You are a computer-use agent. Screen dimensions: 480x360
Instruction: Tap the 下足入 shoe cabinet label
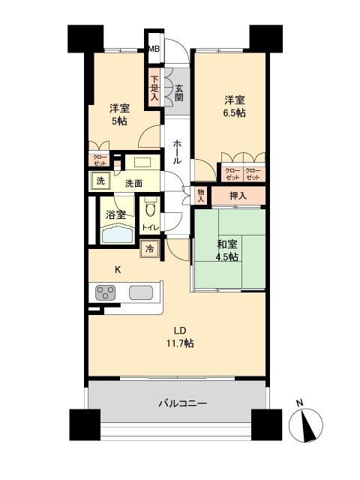click(154, 87)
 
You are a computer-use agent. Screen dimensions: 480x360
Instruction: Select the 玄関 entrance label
click(178, 91)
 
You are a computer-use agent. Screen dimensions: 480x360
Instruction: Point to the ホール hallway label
click(177, 151)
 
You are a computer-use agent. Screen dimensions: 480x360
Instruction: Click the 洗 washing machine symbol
click(99, 181)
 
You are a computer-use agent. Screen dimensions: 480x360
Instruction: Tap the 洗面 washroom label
click(134, 183)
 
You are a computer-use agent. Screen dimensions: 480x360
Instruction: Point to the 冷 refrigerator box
click(150, 248)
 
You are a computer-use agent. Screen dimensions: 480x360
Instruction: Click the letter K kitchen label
click(117, 269)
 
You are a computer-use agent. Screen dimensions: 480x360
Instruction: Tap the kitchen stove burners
click(104, 292)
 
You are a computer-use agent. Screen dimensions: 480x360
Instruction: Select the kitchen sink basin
click(140, 292)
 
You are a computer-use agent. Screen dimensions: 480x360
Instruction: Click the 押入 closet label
click(237, 195)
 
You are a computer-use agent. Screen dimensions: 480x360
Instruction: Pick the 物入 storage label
click(201, 195)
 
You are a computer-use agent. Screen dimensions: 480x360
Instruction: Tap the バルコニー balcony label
click(182, 403)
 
